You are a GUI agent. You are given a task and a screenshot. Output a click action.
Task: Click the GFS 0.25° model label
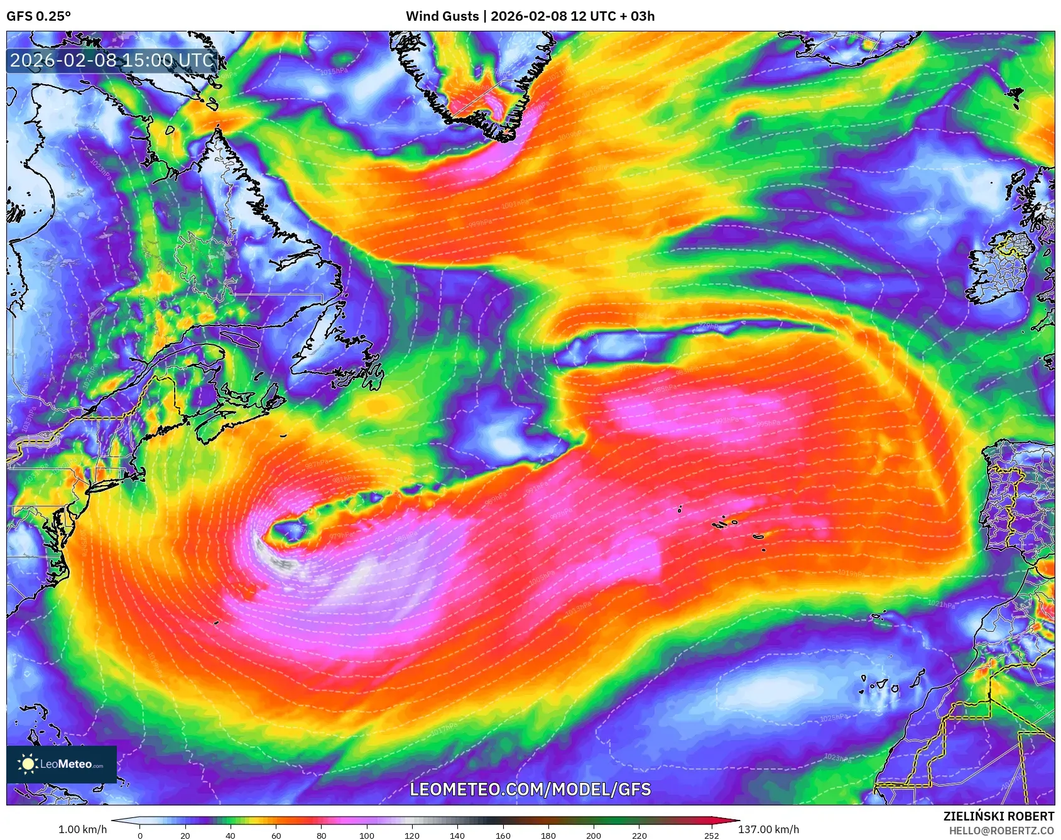pyautogui.click(x=38, y=16)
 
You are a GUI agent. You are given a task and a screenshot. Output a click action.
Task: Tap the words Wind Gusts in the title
pyautogui.click(x=442, y=16)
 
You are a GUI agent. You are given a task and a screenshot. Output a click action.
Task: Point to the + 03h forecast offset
pyautogui.click(x=638, y=16)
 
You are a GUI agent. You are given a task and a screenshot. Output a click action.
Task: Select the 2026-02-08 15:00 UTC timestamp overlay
pyautogui.click(x=112, y=60)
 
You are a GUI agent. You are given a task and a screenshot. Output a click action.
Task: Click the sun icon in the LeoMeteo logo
pyautogui.click(x=28, y=763)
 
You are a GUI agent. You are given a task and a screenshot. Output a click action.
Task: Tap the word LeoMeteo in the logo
pyautogui.click(x=66, y=764)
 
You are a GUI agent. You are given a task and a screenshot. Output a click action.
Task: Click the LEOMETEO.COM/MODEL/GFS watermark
pyautogui.click(x=530, y=789)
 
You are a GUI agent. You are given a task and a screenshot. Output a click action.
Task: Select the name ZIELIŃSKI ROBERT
pyautogui.click(x=998, y=816)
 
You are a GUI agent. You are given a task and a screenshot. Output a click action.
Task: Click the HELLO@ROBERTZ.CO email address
pyautogui.click(x=1001, y=831)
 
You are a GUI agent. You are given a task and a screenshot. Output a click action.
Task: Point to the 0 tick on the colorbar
pyautogui.click(x=140, y=835)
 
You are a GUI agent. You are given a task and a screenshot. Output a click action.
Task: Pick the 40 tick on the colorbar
pyautogui.click(x=231, y=835)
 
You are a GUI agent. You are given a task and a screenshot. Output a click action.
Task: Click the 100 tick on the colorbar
pyautogui.click(x=367, y=835)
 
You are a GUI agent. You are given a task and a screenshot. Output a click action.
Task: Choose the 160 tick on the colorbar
pyautogui.click(x=503, y=835)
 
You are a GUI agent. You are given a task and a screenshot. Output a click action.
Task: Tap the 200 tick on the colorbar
pyautogui.click(x=594, y=835)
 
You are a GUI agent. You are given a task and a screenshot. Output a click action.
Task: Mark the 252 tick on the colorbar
pyautogui.click(x=711, y=835)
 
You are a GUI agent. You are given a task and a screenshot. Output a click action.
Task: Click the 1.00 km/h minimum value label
pyautogui.click(x=82, y=829)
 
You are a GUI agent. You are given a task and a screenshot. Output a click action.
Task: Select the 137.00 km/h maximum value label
pyautogui.click(x=768, y=829)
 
